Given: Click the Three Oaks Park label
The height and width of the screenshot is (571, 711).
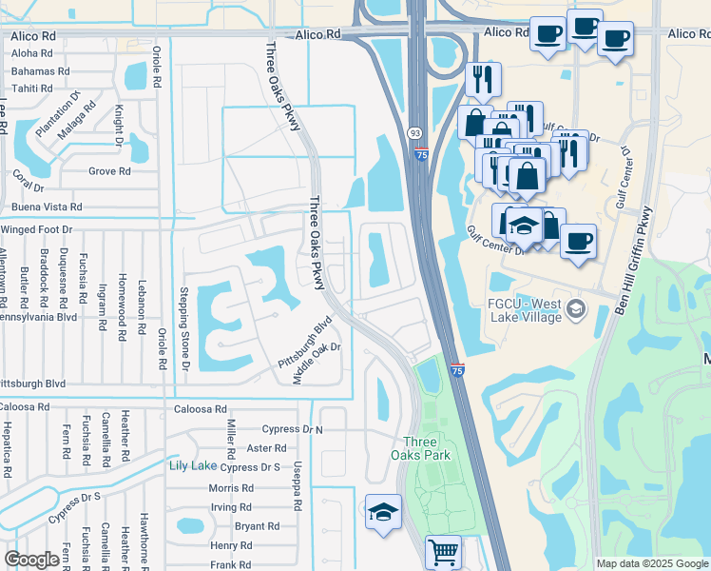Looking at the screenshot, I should (x=420, y=447).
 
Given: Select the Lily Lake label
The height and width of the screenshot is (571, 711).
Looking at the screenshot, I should (x=191, y=465).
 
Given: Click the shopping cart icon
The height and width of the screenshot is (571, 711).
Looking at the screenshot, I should (x=443, y=551).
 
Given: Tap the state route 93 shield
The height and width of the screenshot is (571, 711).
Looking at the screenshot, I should (x=415, y=133).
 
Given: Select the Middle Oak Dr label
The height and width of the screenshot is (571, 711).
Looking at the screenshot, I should (x=317, y=362).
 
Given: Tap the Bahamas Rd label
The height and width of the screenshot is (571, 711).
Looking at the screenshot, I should (x=40, y=71).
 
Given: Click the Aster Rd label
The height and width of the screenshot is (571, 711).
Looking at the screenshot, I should (x=265, y=448).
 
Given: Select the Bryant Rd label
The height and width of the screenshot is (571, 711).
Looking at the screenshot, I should (x=257, y=526).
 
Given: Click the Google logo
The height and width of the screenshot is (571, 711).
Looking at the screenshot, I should (x=31, y=560).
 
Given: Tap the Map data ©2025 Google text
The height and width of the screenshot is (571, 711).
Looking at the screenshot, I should (x=651, y=563).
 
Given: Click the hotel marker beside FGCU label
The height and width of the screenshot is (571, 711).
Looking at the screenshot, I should (x=575, y=309).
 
